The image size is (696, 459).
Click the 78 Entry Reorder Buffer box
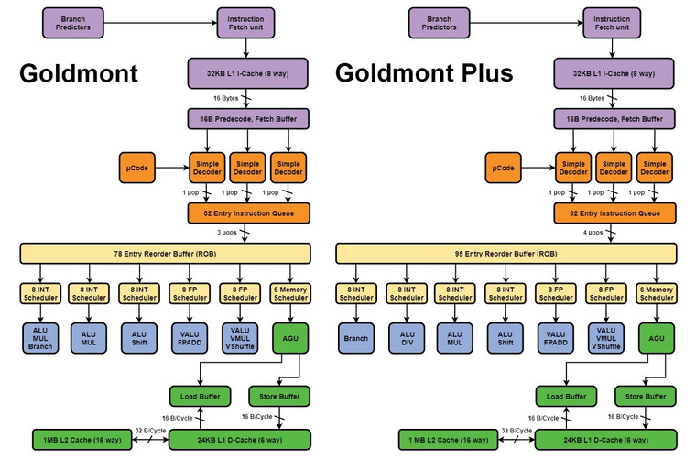pyautogui.click(x=165, y=252)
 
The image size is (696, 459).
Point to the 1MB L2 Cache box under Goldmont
pyautogui.click(x=72, y=441)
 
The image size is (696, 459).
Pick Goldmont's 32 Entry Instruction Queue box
pyautogui.click(x=249, y=212)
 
